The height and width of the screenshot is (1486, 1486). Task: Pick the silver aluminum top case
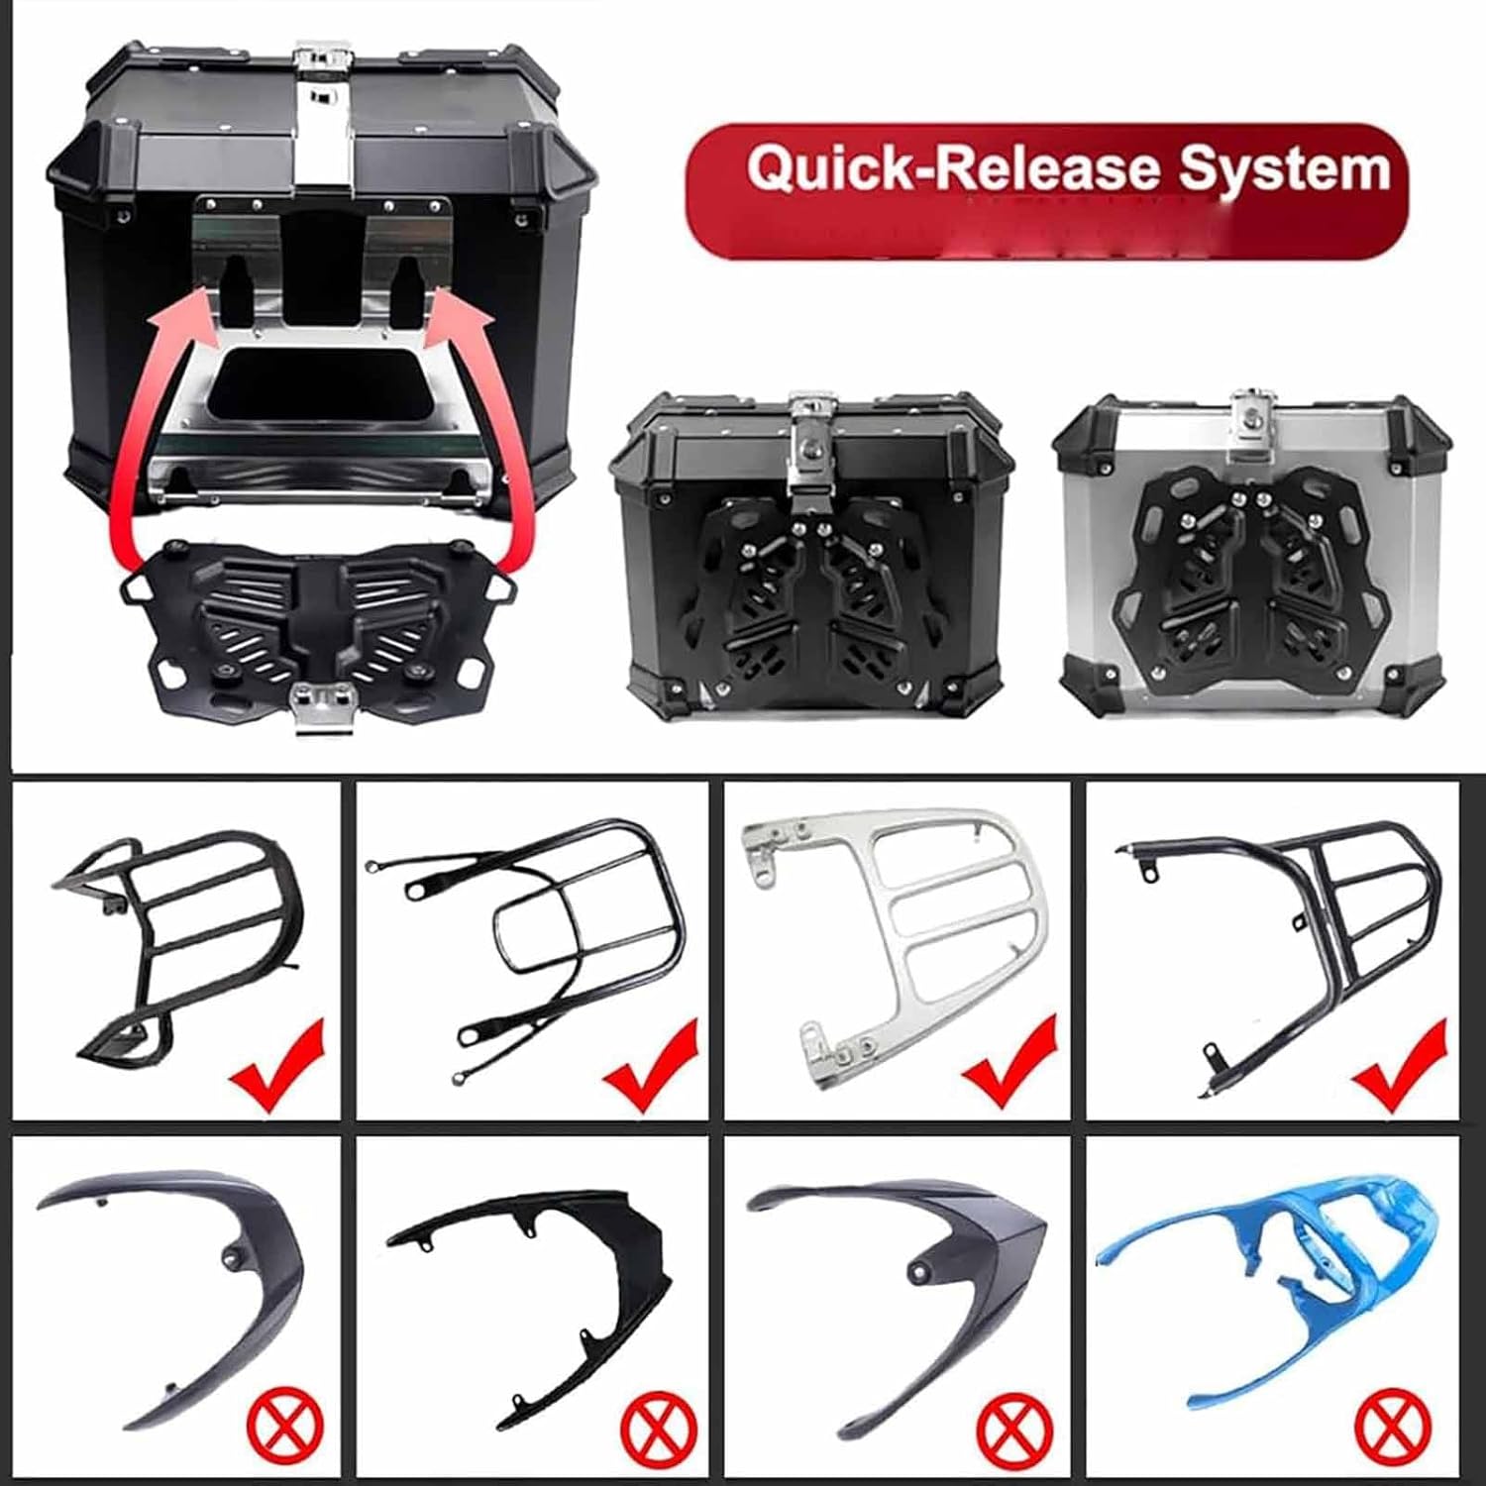click(1252, 555)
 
